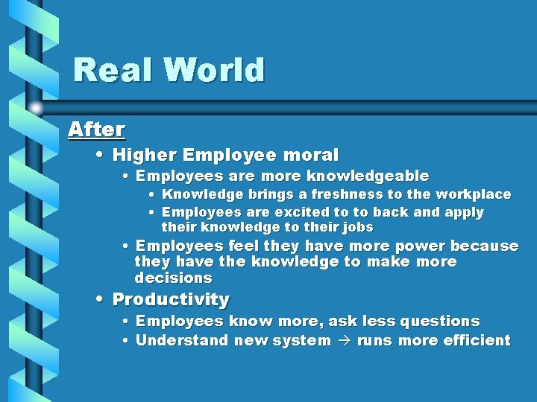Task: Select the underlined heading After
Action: coord(96,130)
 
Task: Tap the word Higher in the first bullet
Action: coord(144,156)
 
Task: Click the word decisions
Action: coord(173,278)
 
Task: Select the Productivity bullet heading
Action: coord(171,300)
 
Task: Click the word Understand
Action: coord(182,341)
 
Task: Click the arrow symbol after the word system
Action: coord(344,341)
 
